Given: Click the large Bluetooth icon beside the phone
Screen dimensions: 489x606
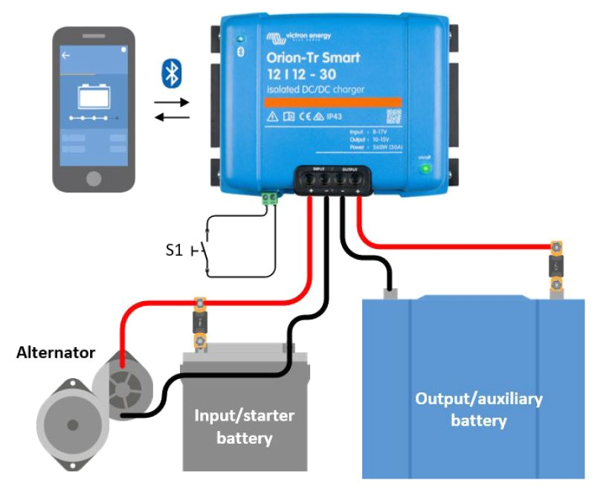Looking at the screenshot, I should [x=173, y=74].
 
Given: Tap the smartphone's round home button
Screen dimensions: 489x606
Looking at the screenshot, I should [x=94, y=178].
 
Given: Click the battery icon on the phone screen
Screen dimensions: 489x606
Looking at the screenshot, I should [x=94, y=98].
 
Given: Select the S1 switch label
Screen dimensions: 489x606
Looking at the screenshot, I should [x=173, y=250].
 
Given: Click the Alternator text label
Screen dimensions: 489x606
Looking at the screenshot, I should [x=56, y=352].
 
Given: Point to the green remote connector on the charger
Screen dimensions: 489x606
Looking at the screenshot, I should [x=269, y=198].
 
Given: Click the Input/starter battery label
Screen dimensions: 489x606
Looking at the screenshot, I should [x=244, y=427].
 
